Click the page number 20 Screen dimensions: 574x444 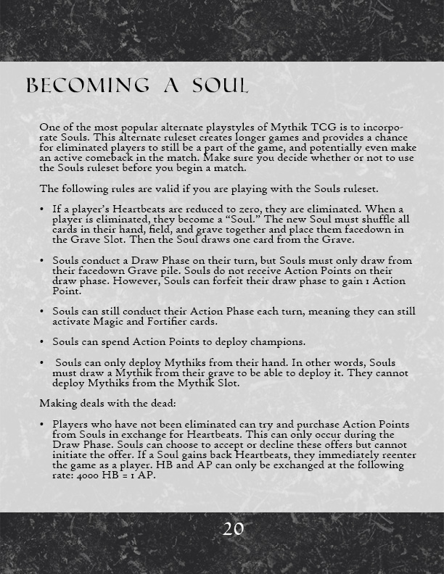233,529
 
